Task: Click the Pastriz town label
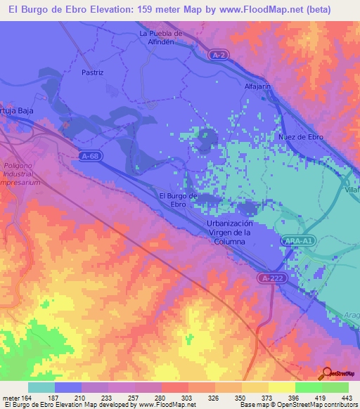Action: tap(92, 72)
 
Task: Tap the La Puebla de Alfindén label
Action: tap(161, 37)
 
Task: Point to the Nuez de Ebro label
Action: tap(300, 136)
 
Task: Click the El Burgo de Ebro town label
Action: tap(178, 200)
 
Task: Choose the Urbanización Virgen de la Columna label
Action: tap(230, 232)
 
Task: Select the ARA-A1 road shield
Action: tap(300, 240)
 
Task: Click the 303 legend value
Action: tap(188, 398)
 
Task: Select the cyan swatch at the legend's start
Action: tap(41, 387)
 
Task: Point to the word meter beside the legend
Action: tap(11, 398)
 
